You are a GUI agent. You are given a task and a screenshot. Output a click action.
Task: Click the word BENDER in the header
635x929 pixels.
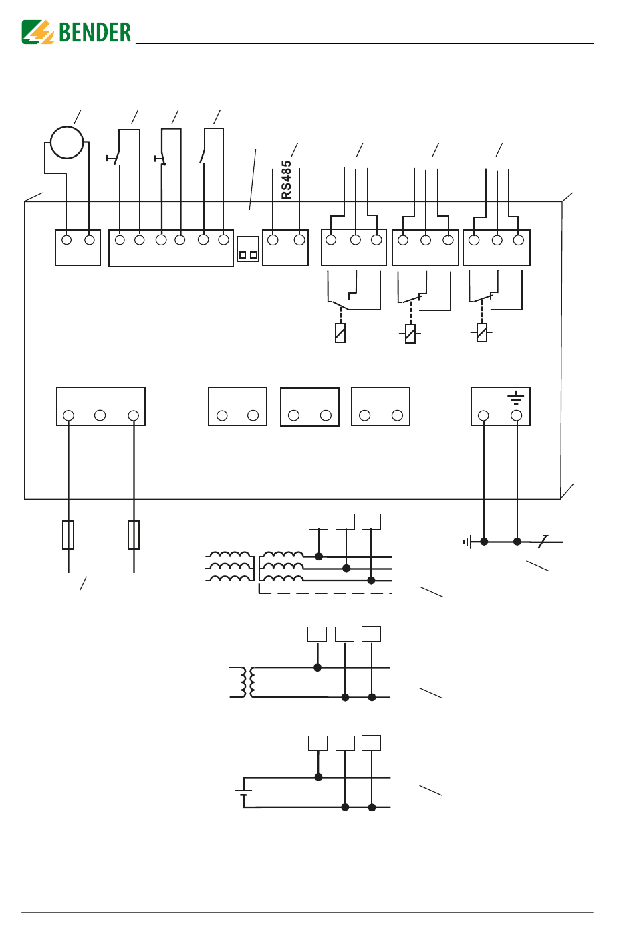95,32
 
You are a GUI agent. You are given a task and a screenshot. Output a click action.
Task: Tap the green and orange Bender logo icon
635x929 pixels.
37,32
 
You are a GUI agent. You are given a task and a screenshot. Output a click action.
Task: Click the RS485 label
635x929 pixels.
286,180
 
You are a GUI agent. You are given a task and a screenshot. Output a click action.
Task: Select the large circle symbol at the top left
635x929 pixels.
67,142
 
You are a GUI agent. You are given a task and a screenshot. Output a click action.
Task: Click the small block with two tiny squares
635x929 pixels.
248,249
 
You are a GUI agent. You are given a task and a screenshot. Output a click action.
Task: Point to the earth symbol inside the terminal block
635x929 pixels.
515,397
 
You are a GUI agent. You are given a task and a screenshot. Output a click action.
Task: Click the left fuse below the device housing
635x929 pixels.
68,535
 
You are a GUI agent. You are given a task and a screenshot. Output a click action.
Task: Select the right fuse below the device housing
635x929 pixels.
134,535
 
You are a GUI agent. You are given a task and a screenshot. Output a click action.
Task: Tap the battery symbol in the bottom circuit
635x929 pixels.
243,792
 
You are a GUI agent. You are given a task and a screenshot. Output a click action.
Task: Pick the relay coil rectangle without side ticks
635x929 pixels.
340,333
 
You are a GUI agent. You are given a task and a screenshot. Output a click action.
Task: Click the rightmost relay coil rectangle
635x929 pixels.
482,332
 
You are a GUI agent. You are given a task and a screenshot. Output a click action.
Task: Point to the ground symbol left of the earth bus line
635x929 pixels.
467,542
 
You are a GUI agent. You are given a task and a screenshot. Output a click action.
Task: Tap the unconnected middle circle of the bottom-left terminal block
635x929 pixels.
100,415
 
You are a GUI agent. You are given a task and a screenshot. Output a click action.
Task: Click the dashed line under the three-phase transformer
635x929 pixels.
326,593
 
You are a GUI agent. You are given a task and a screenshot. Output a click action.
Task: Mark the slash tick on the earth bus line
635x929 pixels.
543,542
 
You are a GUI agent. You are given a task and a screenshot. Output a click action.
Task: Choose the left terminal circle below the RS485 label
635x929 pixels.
273,239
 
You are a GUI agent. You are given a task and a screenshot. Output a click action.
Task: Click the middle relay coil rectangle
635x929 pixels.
410,334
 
